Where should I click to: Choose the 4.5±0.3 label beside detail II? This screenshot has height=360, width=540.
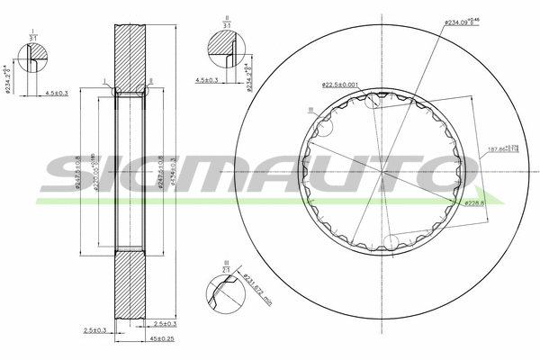tap(208, 80)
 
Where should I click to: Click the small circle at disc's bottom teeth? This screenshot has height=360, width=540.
tap(392, 240)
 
